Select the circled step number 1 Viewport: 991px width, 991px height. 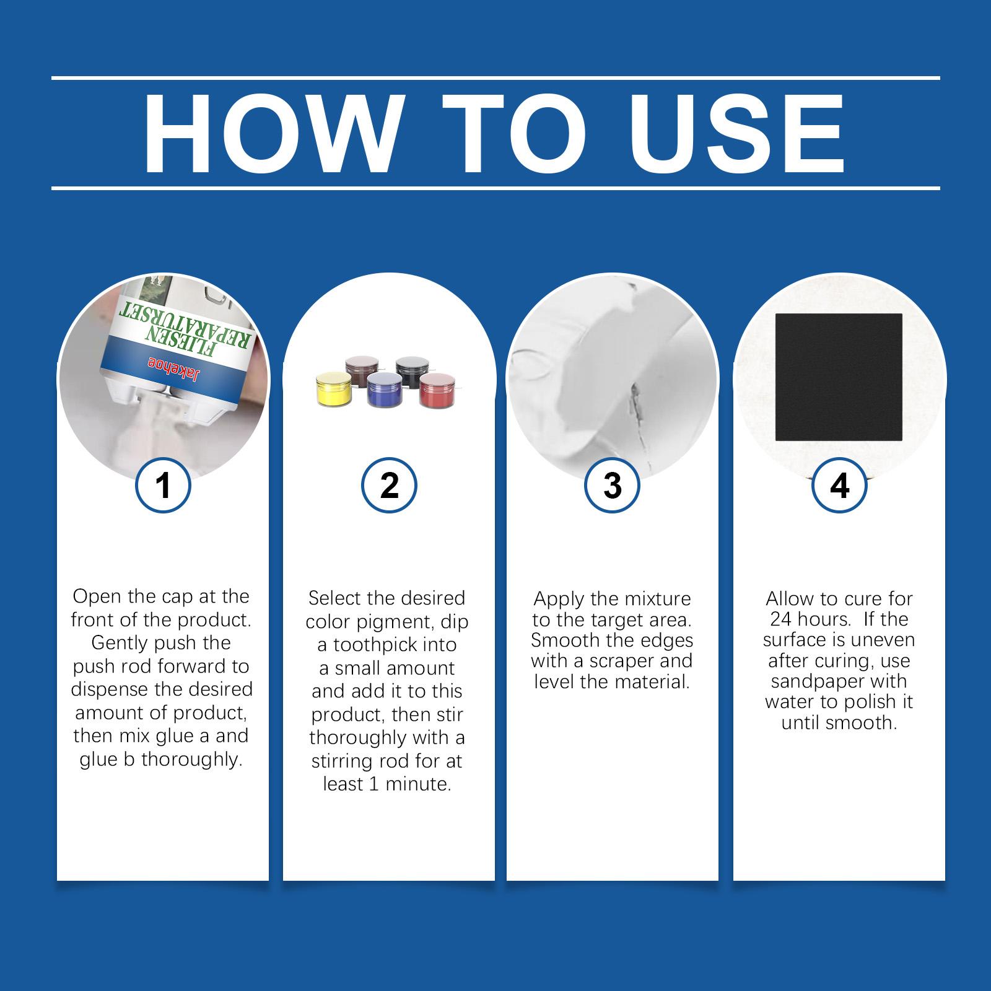pyautogui.click(x=163, y=485)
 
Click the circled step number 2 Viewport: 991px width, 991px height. pyautogui.click(x=389, y=485)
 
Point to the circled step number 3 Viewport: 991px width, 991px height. pyautogui.click(x=612, y=485)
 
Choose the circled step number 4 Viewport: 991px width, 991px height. pyautogui.click(x=839, y=485)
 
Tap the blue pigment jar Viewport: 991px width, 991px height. pyautogui.click(x=384, y=390)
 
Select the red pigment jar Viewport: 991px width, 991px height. pyautogui.click(x=437, y=389)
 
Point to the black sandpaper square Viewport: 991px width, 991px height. pyautogui.click(x=839, y=377)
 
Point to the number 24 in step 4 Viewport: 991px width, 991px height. pyautogui.click(x=780, y=619)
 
